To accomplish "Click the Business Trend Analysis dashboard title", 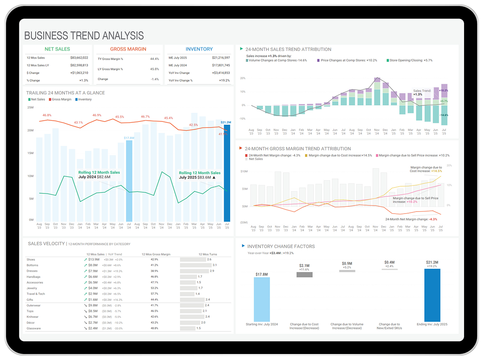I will click(84, 35).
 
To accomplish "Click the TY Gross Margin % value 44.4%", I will click(155, 59).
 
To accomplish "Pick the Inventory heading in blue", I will click(199, 49).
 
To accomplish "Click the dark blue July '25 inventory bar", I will click(227, 173).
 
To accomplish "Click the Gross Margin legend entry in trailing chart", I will click(60, 99).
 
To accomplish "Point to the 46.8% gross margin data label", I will click(47, 115).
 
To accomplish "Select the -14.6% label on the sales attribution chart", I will click(444, 115).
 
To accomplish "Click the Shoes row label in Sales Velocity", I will click(31, 259).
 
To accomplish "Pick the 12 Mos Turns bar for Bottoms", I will click(196, 265).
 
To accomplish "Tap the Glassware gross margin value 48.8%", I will click(154, 329).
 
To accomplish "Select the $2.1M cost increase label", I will click(304, 266).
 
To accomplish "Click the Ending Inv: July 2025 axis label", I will click(432, 324).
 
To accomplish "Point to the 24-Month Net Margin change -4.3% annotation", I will click(411, 219).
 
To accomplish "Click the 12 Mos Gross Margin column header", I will click(155, 255).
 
